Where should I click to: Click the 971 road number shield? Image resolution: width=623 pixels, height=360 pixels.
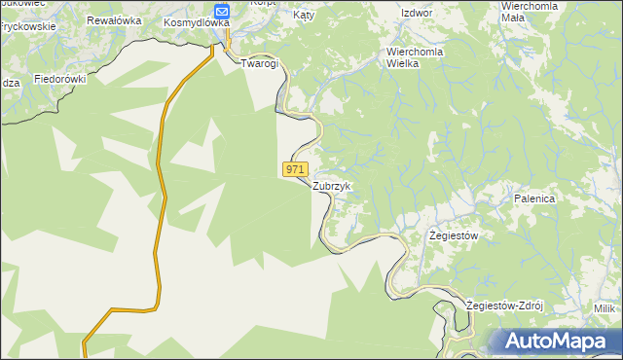(297, 169)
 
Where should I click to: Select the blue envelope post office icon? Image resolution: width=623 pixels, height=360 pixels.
(222, 10)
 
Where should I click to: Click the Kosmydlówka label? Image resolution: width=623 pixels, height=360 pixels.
(197, 22)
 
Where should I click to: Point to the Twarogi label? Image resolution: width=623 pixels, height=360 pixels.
(260, 63)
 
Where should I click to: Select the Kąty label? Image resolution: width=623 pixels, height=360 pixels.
(305, 17)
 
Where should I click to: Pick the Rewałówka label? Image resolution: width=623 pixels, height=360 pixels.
(113, 20)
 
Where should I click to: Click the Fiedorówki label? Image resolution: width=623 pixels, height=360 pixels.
(60, 78)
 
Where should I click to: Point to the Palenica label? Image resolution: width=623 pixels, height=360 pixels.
(534, 198)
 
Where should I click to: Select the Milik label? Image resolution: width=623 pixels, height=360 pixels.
(606, 308)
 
